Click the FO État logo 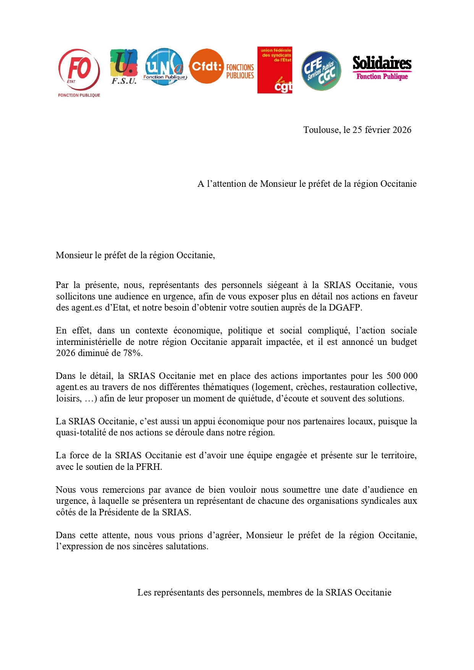click(79, 72)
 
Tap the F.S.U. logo click(124, 66)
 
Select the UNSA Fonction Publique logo click(165, 66)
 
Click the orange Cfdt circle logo click(207, 66)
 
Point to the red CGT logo click(275, 70)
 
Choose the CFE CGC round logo click(321, 71)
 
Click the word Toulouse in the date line click(321, 130)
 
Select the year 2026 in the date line click(402, 130)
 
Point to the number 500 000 click(402, 376)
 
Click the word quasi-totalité click(81, 433)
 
